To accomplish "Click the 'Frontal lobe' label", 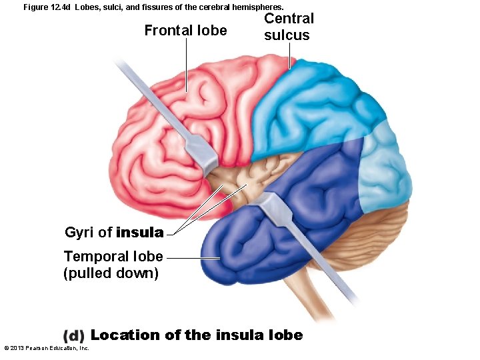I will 185,31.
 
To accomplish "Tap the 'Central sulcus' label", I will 288,27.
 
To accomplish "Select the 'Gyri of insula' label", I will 113,233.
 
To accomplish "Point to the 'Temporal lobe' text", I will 113,257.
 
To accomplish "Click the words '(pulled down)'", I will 111,273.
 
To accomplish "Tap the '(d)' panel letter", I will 73,336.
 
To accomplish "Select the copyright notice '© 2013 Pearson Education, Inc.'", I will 47,348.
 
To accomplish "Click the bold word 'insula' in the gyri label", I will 139,233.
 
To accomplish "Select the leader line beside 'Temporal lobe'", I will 193,258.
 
